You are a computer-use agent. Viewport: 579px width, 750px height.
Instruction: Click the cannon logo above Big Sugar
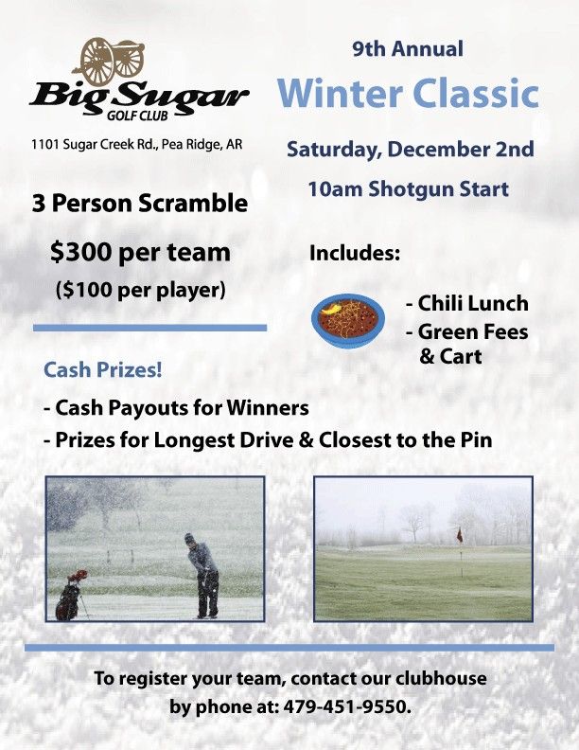(112, 62)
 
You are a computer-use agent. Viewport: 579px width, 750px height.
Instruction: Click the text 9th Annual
(408, 48)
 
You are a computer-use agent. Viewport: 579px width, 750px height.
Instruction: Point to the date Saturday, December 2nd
(410, 150)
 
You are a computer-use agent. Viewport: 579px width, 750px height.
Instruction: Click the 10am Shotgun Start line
(408, 189)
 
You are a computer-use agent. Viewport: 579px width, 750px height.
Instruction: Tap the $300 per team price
(140, 252)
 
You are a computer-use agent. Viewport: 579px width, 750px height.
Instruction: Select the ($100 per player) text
(140, 289)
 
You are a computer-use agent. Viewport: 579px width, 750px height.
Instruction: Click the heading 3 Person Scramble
(139, 204)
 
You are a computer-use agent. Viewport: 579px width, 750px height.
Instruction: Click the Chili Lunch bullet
(466, 304)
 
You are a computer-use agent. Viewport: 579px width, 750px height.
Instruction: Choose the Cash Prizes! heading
(103, 370)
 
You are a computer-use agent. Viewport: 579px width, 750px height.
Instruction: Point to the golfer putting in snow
(203, 574)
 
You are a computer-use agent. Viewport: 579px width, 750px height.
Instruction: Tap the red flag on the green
(460, 534)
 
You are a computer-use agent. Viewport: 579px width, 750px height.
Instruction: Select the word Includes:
(355, 254)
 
